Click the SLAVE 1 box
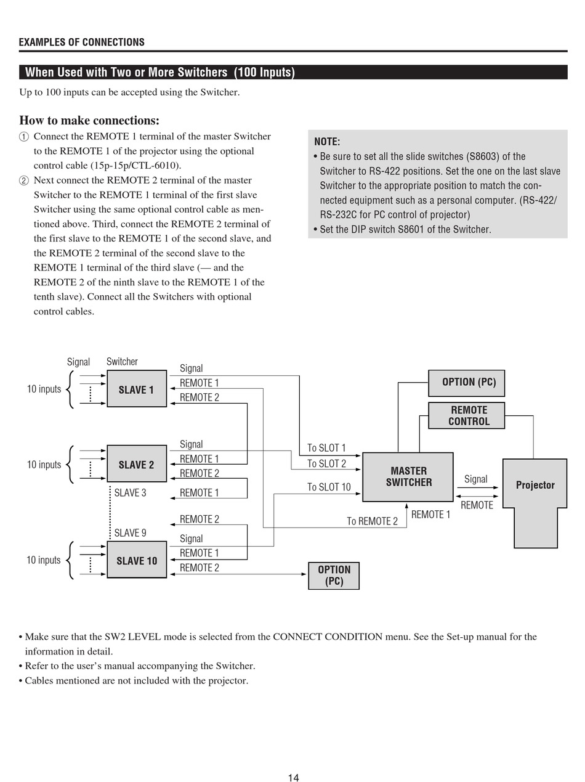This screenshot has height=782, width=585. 137,388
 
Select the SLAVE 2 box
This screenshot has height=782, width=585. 137,463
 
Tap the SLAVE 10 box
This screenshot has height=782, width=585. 137,560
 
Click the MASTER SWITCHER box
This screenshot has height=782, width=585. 408,477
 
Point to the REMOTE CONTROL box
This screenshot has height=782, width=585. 466,415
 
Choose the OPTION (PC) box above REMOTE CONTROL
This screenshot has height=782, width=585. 466,383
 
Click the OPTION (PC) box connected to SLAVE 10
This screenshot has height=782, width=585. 334,576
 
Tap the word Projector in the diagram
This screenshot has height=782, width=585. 535,485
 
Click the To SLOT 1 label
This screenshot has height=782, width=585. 326,448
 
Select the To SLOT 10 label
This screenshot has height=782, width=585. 329,487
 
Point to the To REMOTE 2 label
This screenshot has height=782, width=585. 372,521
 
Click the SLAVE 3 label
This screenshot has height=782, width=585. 130,493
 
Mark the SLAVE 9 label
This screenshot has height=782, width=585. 130,533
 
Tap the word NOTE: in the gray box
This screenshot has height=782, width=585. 327,142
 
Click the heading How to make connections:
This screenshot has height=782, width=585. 89,120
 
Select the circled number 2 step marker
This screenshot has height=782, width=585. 24,181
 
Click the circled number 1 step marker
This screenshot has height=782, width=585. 24,137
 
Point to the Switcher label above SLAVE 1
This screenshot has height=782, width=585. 122,362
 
